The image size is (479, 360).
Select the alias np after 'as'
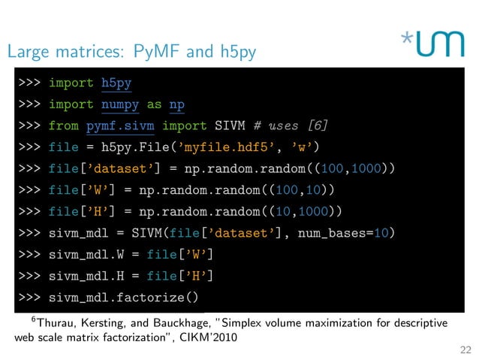[176, 104]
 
